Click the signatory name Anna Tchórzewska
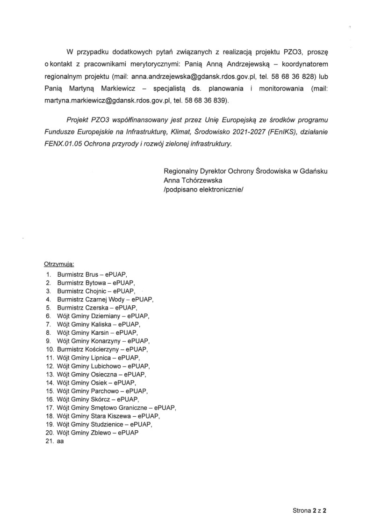click(x=193, y=180)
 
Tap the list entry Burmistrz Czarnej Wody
click(x=92, y=299)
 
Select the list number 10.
click(x=50, y=349)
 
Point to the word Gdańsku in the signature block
click(x=311, y=171)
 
